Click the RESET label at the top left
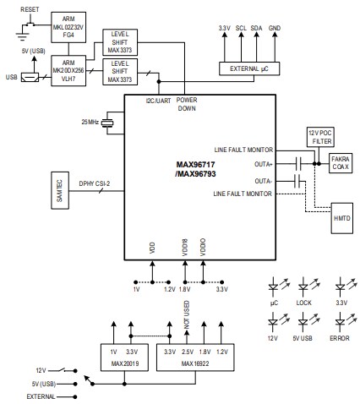click(x=30, y=7)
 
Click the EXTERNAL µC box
click(x=250, y=67)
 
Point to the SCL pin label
click(x=241, y=28)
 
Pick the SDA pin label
click(x=258, y=28)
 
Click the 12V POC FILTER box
click(x=321, y=138)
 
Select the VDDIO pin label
click(x=203, y=247)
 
